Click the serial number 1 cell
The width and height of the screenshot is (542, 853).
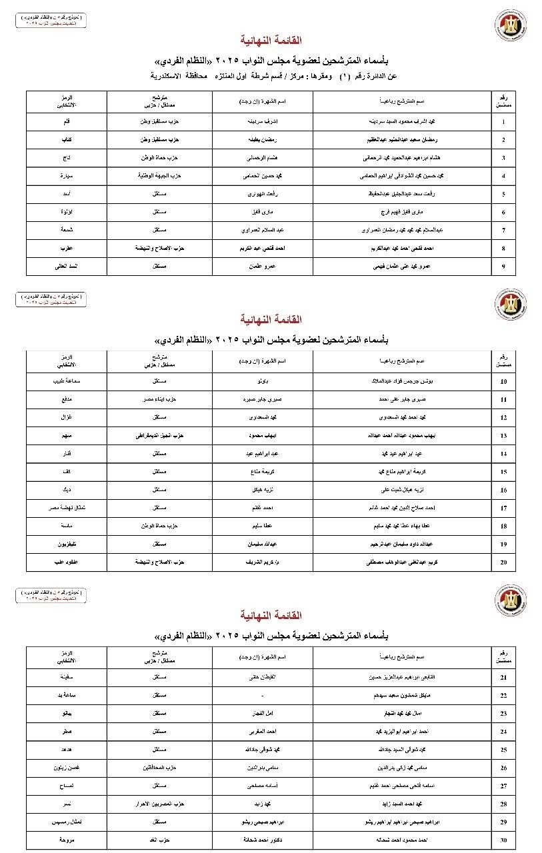click(503, 122)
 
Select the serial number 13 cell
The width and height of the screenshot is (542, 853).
click(503, 436)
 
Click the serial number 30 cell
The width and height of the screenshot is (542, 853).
click(503, 839)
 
